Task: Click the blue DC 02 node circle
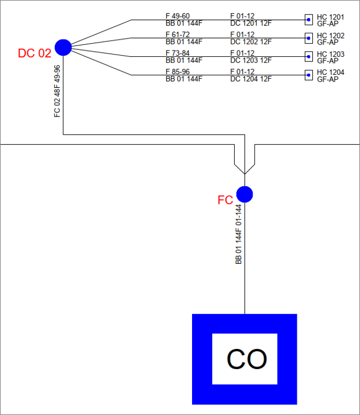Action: [x=63, y=47]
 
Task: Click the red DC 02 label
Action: [x=35, y=53]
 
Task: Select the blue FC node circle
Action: [x=244, y=194]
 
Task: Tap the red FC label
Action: [x=225, y=200]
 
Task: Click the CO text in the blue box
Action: [x=247, y=359]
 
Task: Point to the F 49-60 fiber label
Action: [x=178, y=16]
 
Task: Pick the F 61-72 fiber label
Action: [x=178, y=35]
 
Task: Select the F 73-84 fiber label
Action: [x=178, y=53]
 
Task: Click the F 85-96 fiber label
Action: [x=178, y=72]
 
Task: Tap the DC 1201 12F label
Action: [x=251, y=23]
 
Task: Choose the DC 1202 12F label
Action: [x=251, y=42]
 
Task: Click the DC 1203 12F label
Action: [x=251, y=60]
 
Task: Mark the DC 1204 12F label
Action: [x=251, y=79]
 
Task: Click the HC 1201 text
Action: [x=331, y=17]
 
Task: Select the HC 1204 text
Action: [x=331, y=72]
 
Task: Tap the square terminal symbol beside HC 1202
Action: [x=309, y=38]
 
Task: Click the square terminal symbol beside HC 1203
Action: [x=309, y=56]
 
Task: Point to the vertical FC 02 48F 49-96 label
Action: [x=58, y=91]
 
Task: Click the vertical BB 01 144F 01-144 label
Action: [x=239, y=234]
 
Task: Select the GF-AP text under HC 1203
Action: [x=328, y=61]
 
